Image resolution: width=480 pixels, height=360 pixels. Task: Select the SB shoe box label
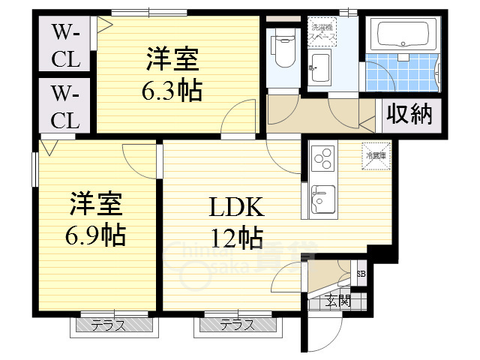361,274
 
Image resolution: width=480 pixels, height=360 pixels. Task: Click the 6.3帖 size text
172,91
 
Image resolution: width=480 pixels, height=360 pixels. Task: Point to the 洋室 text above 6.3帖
172,58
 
